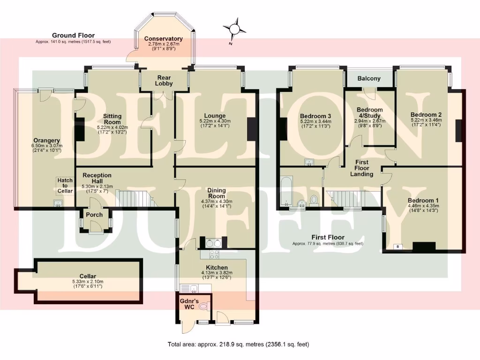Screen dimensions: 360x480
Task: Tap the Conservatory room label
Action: pos(163,39)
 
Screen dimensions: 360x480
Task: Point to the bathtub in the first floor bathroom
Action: pos(285,191)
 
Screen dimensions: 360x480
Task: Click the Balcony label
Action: pos(369,79)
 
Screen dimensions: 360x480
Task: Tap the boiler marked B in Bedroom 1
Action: pos(398,246)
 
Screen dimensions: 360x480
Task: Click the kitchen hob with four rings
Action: pos(214,255)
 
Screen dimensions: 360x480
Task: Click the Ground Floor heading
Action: pos(73,36)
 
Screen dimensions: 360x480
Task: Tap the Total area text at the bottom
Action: pos(238,345)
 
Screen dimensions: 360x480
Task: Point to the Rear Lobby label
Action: pos(165,80)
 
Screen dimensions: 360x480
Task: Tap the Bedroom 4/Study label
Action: pos(369,113)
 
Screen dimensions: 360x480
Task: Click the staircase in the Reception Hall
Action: pos(136,198)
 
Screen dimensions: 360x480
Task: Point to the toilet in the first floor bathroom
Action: pos(314,201)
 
